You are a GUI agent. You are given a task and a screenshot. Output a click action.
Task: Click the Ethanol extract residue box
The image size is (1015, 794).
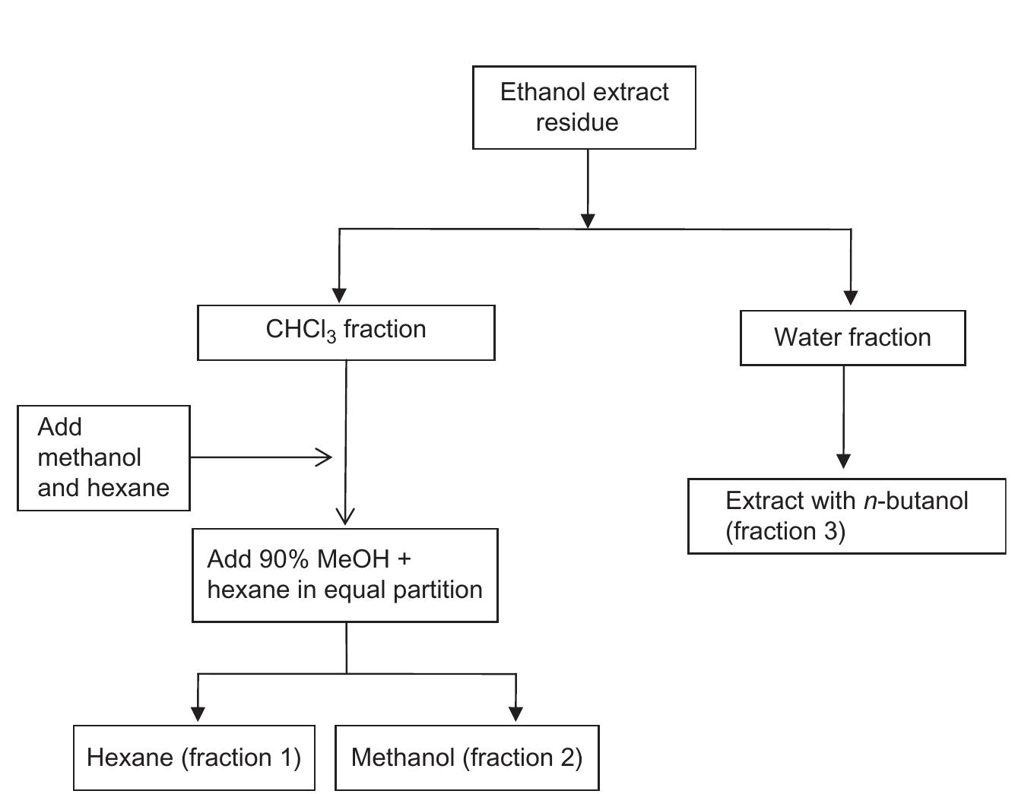584,107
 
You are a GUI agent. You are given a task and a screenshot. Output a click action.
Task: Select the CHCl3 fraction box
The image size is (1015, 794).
346,333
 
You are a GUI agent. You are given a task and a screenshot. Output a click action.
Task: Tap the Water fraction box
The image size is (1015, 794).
852,338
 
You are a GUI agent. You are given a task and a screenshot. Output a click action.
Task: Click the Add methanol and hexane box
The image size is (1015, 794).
103,457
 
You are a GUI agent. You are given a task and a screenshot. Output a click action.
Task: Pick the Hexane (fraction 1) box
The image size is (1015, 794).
194,758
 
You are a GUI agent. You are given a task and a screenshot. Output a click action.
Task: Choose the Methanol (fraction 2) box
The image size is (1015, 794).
467,758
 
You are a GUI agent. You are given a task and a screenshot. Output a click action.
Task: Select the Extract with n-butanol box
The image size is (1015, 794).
846,516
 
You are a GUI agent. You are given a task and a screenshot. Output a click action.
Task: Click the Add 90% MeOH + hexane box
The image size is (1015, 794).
345,575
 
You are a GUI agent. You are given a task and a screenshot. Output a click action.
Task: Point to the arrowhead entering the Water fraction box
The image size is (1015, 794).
851,297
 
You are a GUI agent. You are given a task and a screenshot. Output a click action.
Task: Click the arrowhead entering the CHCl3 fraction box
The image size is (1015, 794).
339,295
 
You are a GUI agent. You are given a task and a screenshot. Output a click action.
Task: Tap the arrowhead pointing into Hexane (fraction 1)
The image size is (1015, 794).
198,713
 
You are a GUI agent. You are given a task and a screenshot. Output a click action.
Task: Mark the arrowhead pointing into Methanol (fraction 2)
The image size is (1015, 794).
515,713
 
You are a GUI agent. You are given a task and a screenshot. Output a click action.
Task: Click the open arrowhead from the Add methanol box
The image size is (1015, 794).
325,457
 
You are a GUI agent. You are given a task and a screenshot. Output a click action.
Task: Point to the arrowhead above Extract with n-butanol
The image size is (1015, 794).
843,461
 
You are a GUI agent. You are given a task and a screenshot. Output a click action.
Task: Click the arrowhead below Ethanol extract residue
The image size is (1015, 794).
588,220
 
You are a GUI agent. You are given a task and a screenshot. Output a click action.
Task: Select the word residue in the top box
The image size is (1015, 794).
577,122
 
